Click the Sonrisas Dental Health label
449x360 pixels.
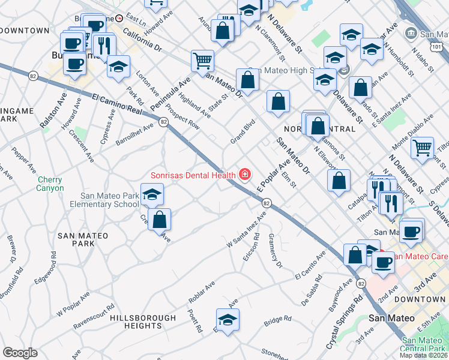click(193, 175)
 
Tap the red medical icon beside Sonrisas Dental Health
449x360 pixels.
click(244, 175)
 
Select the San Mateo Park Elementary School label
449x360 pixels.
click(110, 200)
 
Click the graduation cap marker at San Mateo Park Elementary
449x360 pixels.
click(152, 194)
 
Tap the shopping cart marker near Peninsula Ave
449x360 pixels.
click(202, 60)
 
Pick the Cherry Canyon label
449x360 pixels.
click(50, 184)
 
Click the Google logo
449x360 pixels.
click(20, 353)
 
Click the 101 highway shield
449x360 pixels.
click(438, 46)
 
